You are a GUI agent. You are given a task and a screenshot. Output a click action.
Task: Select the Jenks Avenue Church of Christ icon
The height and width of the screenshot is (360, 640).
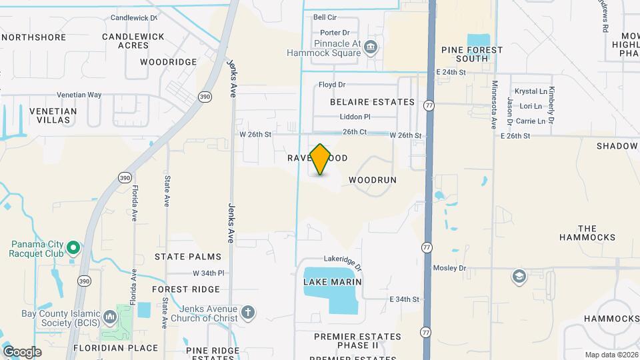247,312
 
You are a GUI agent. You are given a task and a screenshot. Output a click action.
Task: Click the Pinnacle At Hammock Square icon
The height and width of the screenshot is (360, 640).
371,47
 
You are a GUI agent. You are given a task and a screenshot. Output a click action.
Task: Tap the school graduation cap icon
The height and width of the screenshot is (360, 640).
518,276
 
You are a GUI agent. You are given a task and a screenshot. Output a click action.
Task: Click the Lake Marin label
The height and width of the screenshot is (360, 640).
333,282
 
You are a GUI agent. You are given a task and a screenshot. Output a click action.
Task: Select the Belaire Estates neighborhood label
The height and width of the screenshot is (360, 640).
372,102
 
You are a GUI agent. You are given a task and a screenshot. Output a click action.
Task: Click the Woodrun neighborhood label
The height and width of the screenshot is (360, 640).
372,180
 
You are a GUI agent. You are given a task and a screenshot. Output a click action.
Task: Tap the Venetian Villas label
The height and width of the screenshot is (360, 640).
53,116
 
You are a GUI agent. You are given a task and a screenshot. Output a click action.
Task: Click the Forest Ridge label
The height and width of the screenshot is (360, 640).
185,289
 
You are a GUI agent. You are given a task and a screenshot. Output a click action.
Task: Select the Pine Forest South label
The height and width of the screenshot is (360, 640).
465,54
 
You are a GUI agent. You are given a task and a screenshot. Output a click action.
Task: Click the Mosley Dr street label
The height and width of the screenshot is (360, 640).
451,267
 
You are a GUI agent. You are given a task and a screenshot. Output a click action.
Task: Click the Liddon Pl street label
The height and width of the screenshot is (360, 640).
345,117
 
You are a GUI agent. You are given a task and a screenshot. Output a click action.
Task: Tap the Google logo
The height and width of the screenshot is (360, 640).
22,351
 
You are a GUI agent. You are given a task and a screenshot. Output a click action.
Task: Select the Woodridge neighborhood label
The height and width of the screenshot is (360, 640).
168,62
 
